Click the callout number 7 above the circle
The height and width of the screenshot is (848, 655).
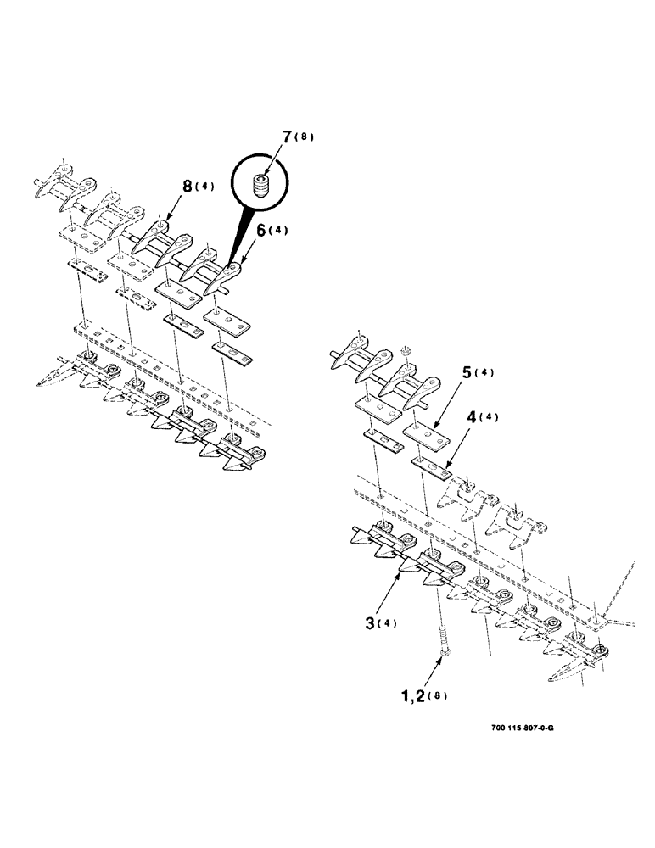click(287, 137)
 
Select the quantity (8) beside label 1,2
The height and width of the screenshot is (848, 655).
click(438, 697)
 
